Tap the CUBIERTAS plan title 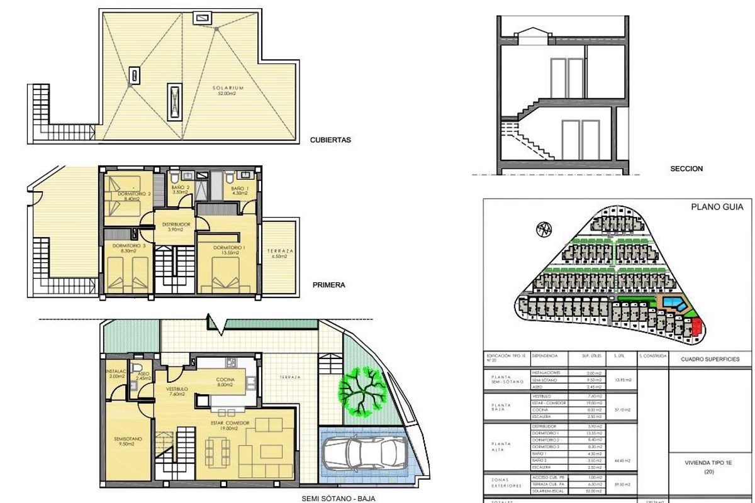[x=330, y=140]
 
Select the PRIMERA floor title [x=328, y=285]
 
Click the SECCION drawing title [x=686, y=169]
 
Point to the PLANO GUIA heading [x=717, y=206]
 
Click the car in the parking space [x=364, y=455]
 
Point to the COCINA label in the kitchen [x=225, y=380]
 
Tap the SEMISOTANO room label [x=123, y=439]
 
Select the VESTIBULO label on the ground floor [x=176, y=389]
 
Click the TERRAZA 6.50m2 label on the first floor [x=280, y=253]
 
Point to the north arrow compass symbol [x=543, y=229]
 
